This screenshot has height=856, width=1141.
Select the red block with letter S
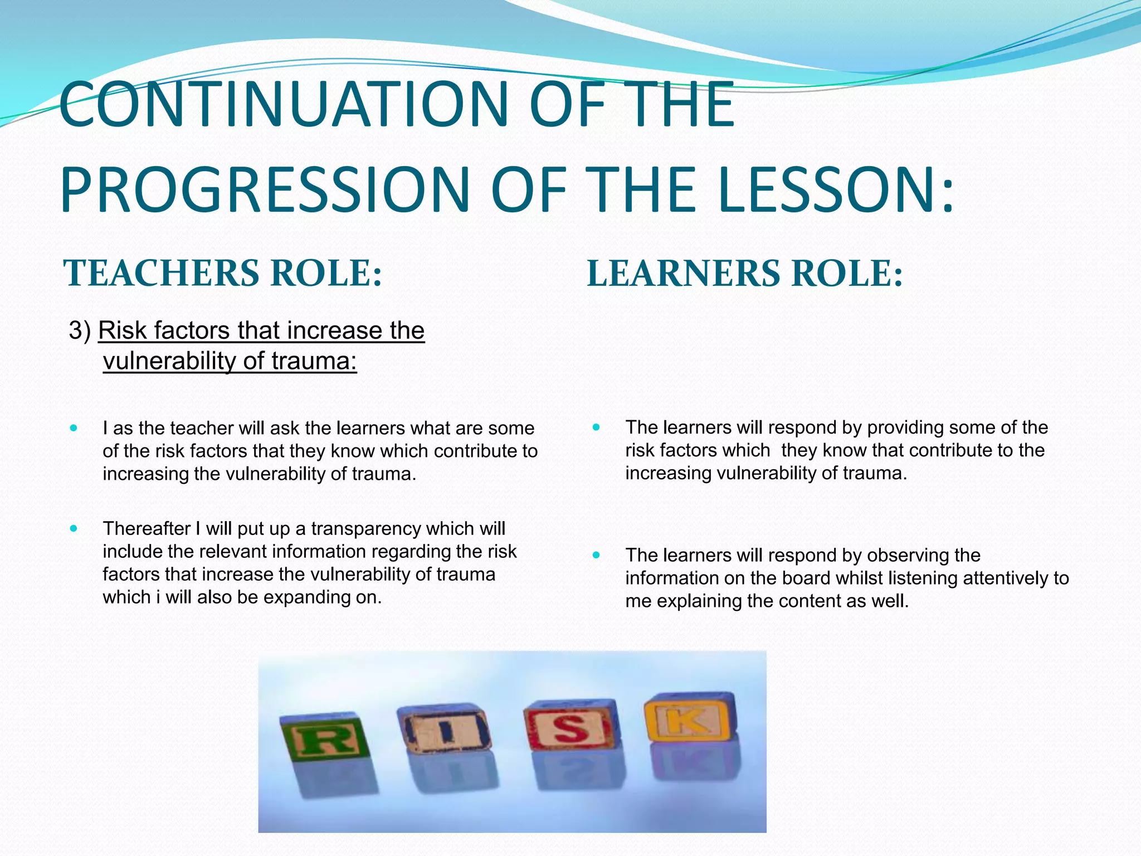pos(569,726)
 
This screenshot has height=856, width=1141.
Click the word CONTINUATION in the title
pos(283,105)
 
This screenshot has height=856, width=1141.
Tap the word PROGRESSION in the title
pos(265,189)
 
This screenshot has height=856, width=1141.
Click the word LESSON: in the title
pos(836,189)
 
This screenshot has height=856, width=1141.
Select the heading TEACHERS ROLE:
pos(223,274)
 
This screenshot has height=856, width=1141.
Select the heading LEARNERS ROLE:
pos(744,274)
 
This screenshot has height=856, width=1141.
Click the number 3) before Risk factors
pos(80,330)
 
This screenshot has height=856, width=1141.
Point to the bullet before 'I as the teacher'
pos(74,428)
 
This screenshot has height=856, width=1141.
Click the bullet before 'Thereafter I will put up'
pos(74,528)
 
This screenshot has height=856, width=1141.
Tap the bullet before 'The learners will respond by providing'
pos(596,427)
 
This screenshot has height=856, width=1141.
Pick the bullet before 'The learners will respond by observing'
pos(596,555)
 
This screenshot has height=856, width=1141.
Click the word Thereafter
pos(147,529)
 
